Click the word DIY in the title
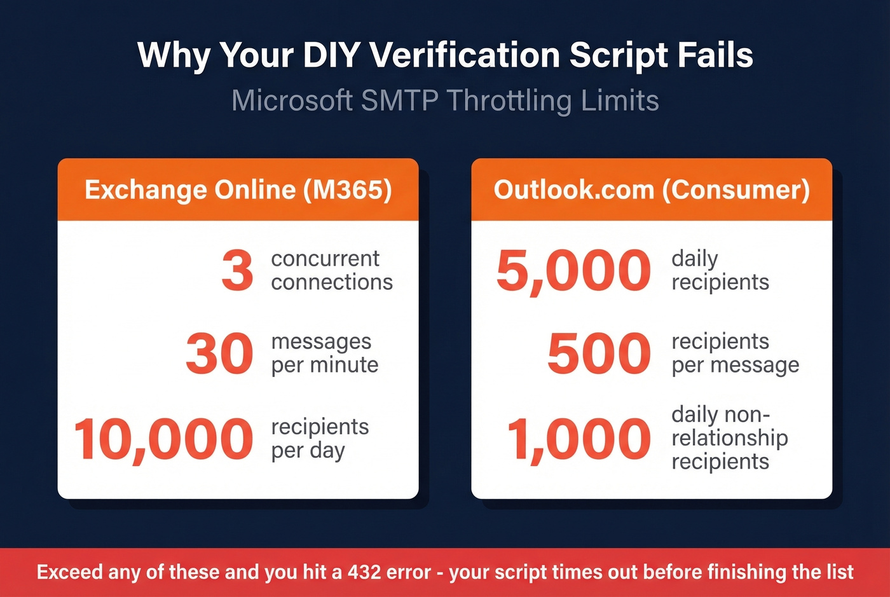click(332, 55)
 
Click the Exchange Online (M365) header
click(238, 189)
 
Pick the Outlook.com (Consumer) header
click(652, 189)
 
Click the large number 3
click(237, 270)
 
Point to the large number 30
click(219, 353)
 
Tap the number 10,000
click(163, 439)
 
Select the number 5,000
click(573, 270)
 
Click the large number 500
click(599, 353)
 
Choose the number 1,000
click(578, 439)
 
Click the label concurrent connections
click(331, 270)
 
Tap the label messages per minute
click(324, 353)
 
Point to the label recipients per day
click(320, 438)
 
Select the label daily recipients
click(720, 270)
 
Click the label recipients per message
click(735, 353)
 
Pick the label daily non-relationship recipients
click(729, 438)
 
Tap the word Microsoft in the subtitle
click(292, 101)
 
